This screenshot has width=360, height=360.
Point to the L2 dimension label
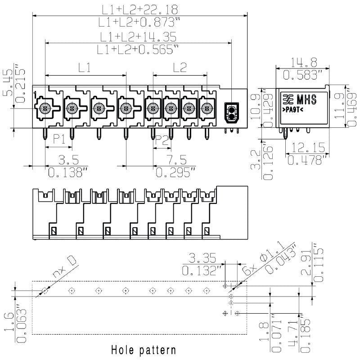pos(180,68)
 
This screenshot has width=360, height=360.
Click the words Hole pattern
pos(143,349)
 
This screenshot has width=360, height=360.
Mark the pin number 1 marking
pos(35,94)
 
